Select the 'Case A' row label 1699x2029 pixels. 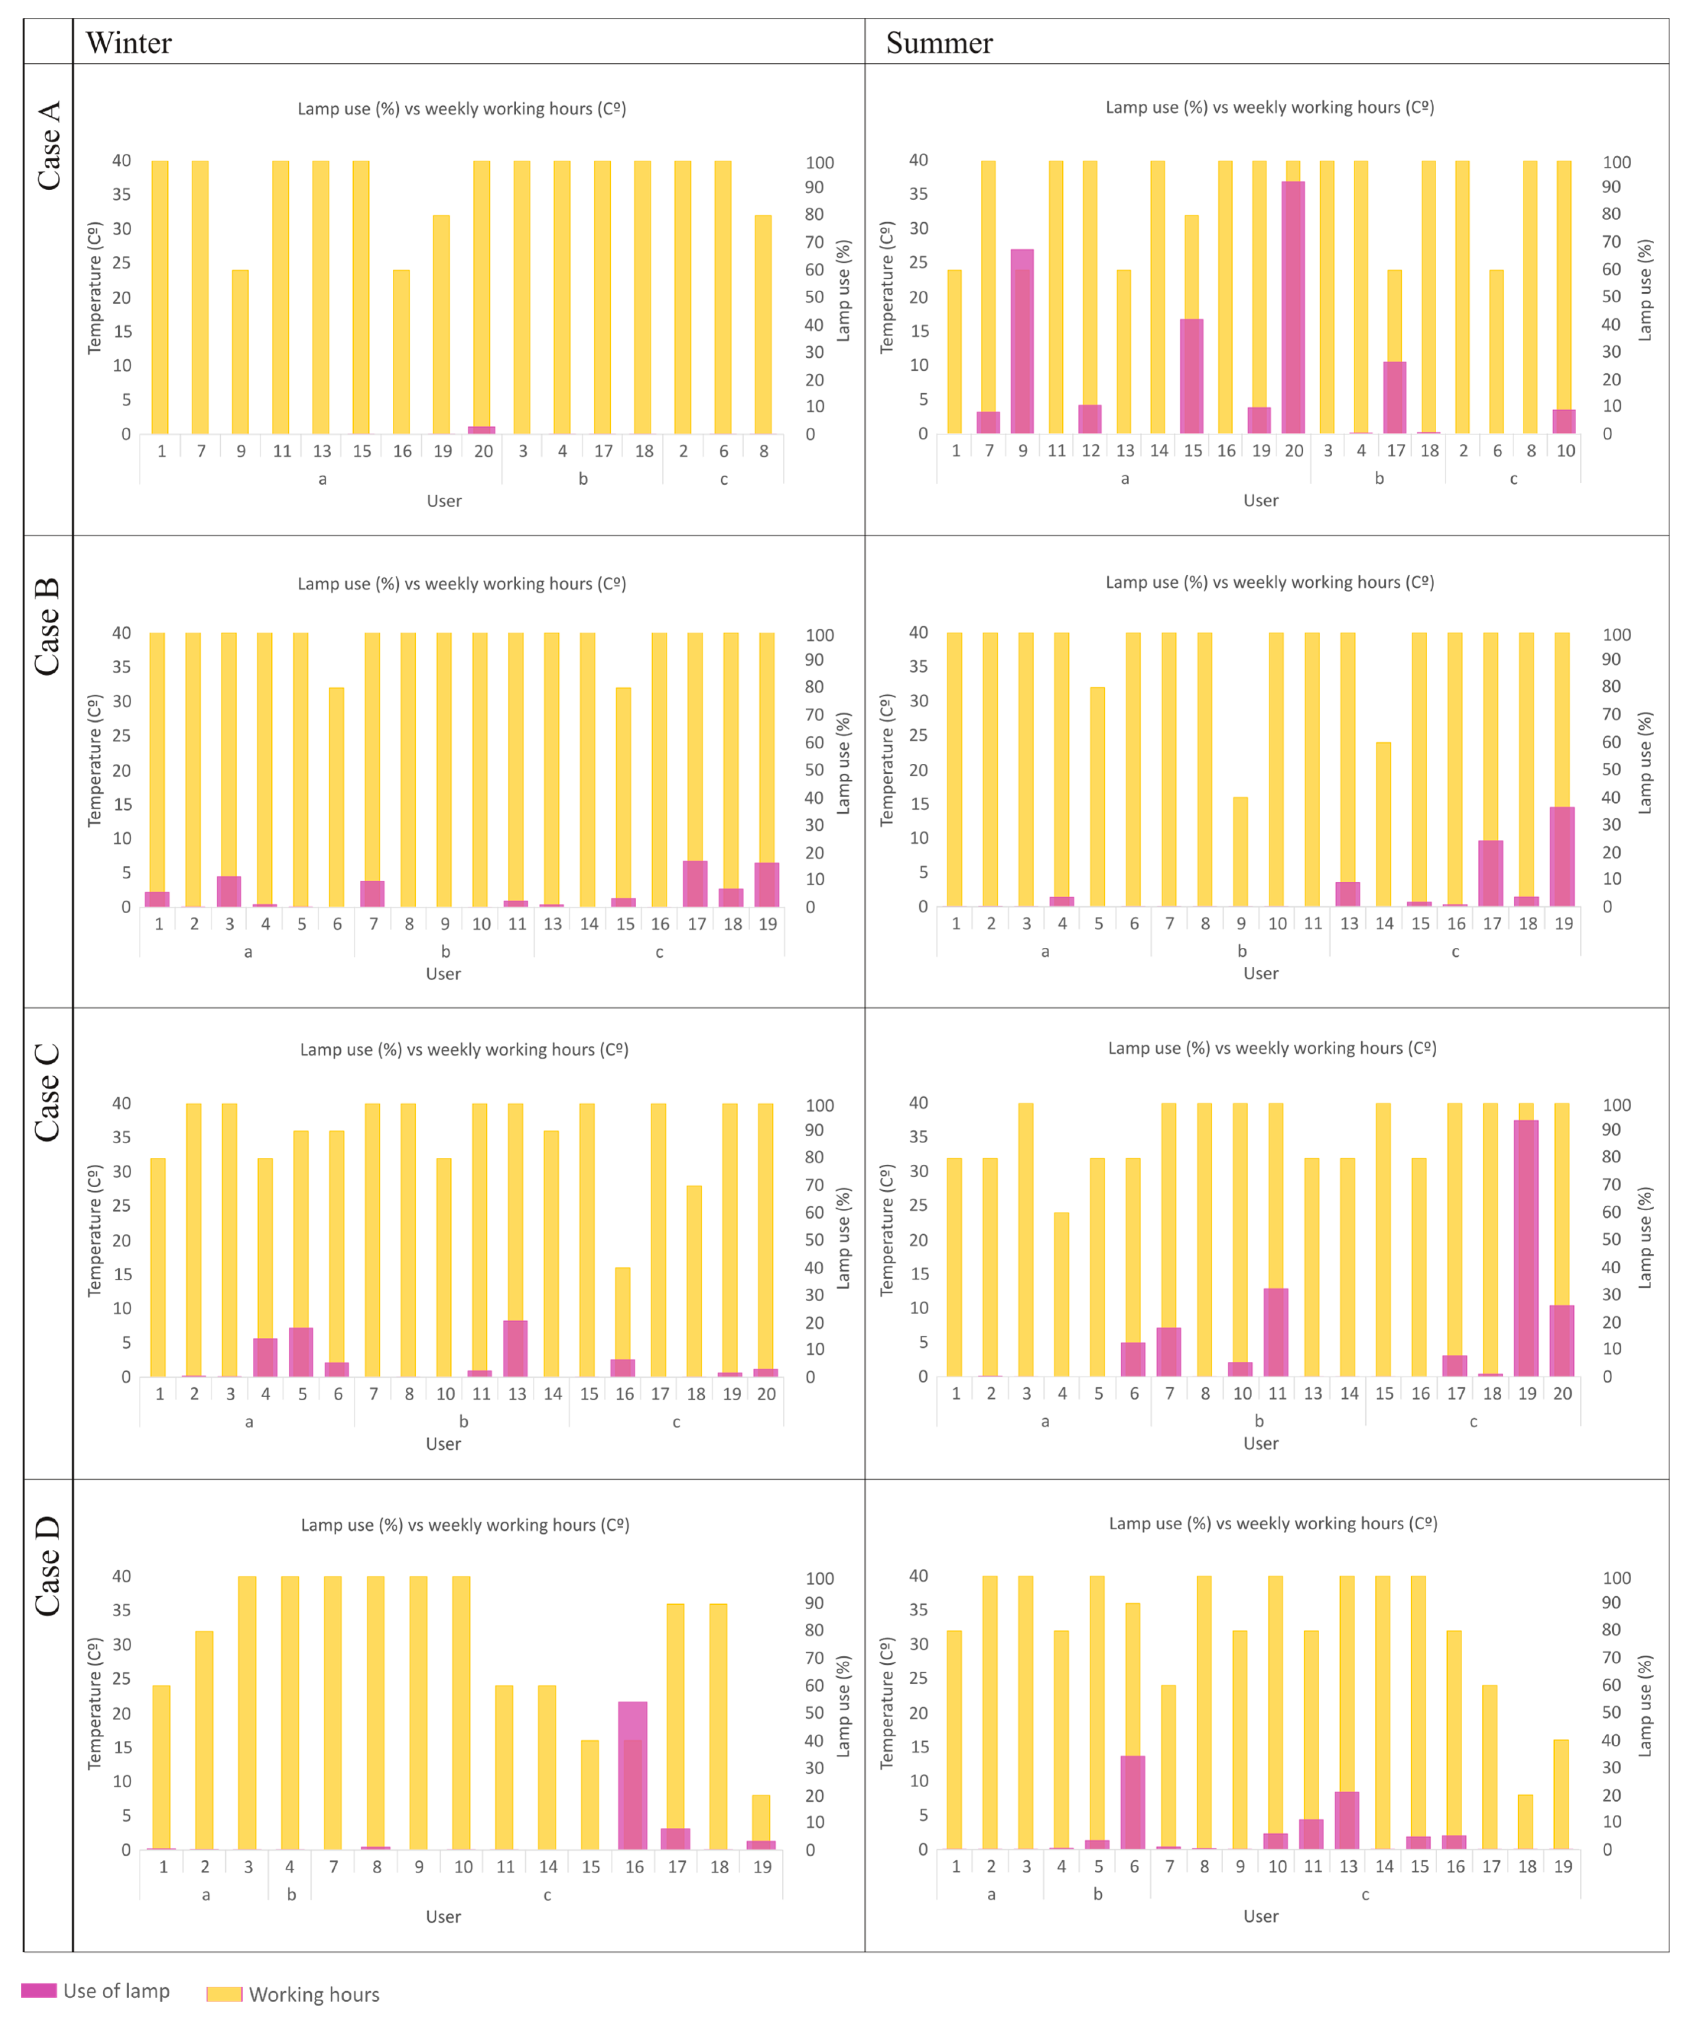pos(48,145)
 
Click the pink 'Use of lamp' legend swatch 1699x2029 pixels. pos(39,1990)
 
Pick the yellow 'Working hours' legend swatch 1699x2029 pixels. pos(224,1994)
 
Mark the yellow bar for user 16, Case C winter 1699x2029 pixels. pos(623,1314)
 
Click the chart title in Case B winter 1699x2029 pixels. pos(462,583)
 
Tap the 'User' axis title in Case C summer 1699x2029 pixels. pos(1260,1444)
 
